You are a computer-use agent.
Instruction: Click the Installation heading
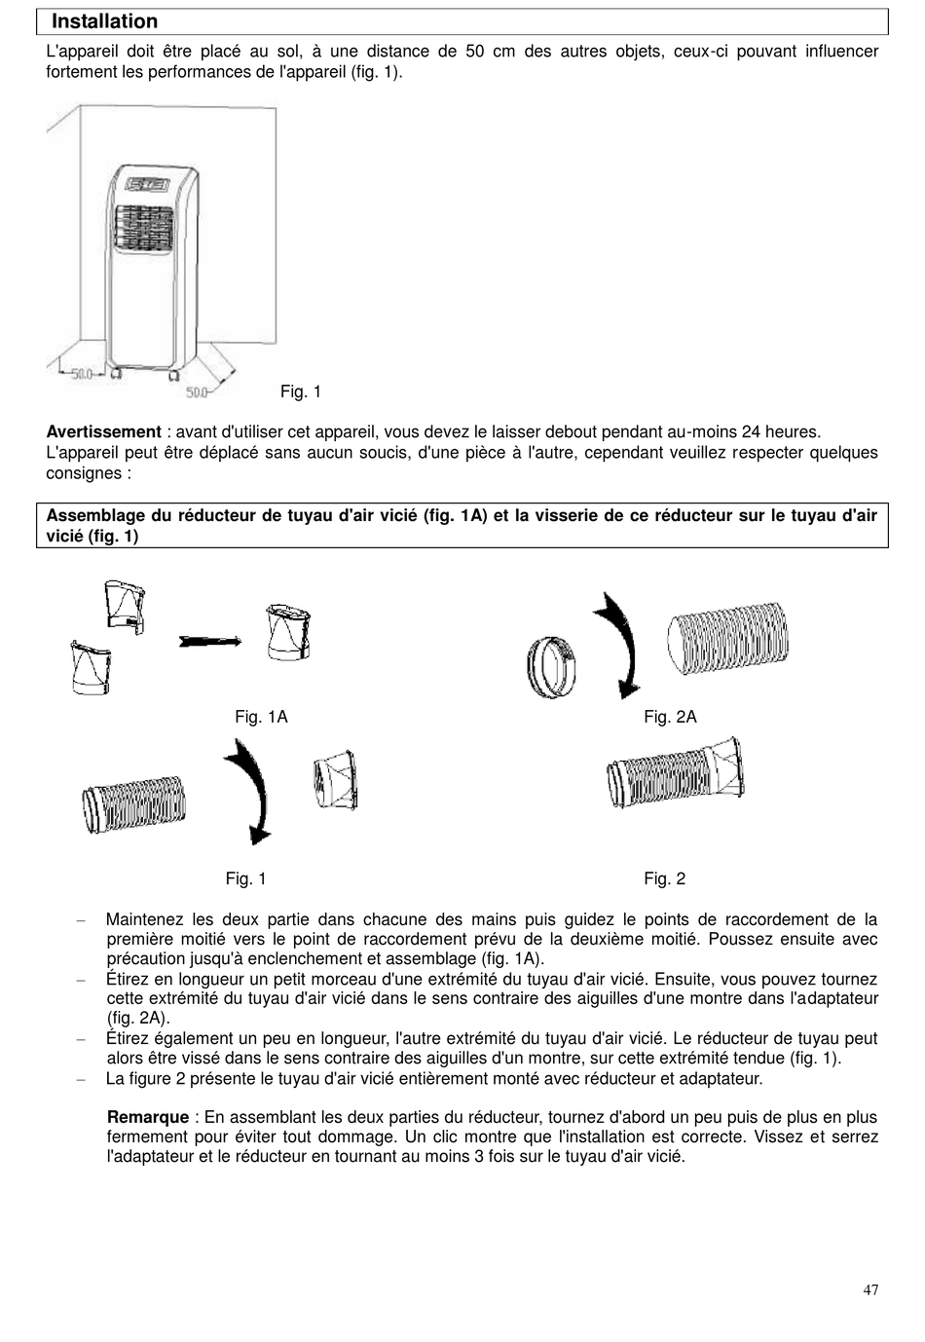click(104, 21)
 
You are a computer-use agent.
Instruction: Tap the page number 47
click(870, 1290)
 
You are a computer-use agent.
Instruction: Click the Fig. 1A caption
click(261, 717)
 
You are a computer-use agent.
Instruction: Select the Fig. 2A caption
click(670, 717)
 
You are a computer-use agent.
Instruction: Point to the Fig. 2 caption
click(664, 878)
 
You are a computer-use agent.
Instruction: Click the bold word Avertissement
click(103, 431)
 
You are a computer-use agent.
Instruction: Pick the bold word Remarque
click(148, 1117)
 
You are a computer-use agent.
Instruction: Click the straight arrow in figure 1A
click(210, 640)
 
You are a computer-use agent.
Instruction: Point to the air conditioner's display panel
click(148, 184)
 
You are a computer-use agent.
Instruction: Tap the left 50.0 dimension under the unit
click(81, 372)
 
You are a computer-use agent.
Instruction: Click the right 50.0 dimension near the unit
click(198, 392)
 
